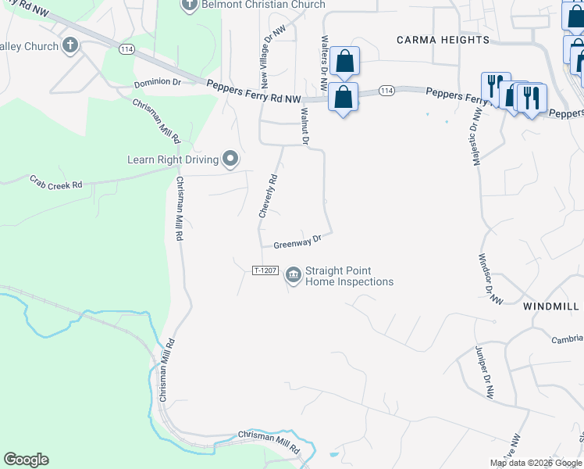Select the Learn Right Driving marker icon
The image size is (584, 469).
point(230,159)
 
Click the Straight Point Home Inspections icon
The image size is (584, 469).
point(294,274)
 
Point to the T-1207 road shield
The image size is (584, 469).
point(265,270)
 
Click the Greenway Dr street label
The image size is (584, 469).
point(297,242)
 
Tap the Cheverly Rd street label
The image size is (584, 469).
point(269,195)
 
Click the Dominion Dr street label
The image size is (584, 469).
point(157,82)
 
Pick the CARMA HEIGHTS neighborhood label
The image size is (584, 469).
point(443,39)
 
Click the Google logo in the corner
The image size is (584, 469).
point(26,460)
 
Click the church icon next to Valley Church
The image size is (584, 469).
point(71,45)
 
